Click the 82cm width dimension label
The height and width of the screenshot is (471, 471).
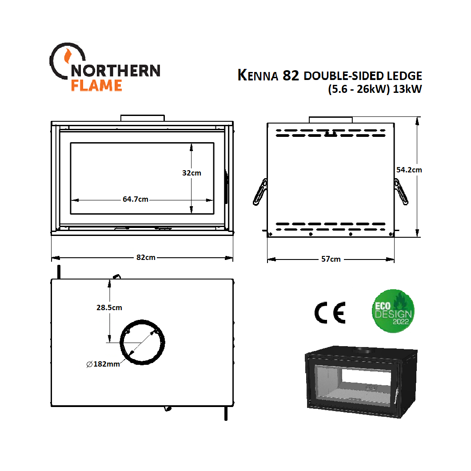tap(146, 258)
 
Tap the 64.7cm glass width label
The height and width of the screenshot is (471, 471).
tap(136, 200)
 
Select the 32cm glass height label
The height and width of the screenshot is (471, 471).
tap(192, 173)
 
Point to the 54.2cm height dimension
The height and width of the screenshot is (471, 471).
tap(409, 170)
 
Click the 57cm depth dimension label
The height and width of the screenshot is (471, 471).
tap(331, 259)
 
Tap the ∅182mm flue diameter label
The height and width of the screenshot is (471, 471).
tap(103, 364)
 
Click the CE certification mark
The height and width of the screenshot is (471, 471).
tap(329, 313)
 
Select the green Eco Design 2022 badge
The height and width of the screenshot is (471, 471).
tap(393, 311)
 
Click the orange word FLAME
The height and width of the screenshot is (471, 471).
tap(96, 85)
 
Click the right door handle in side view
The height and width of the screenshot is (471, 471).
tap(401, 192)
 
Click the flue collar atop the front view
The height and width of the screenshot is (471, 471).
tap(143, 118)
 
